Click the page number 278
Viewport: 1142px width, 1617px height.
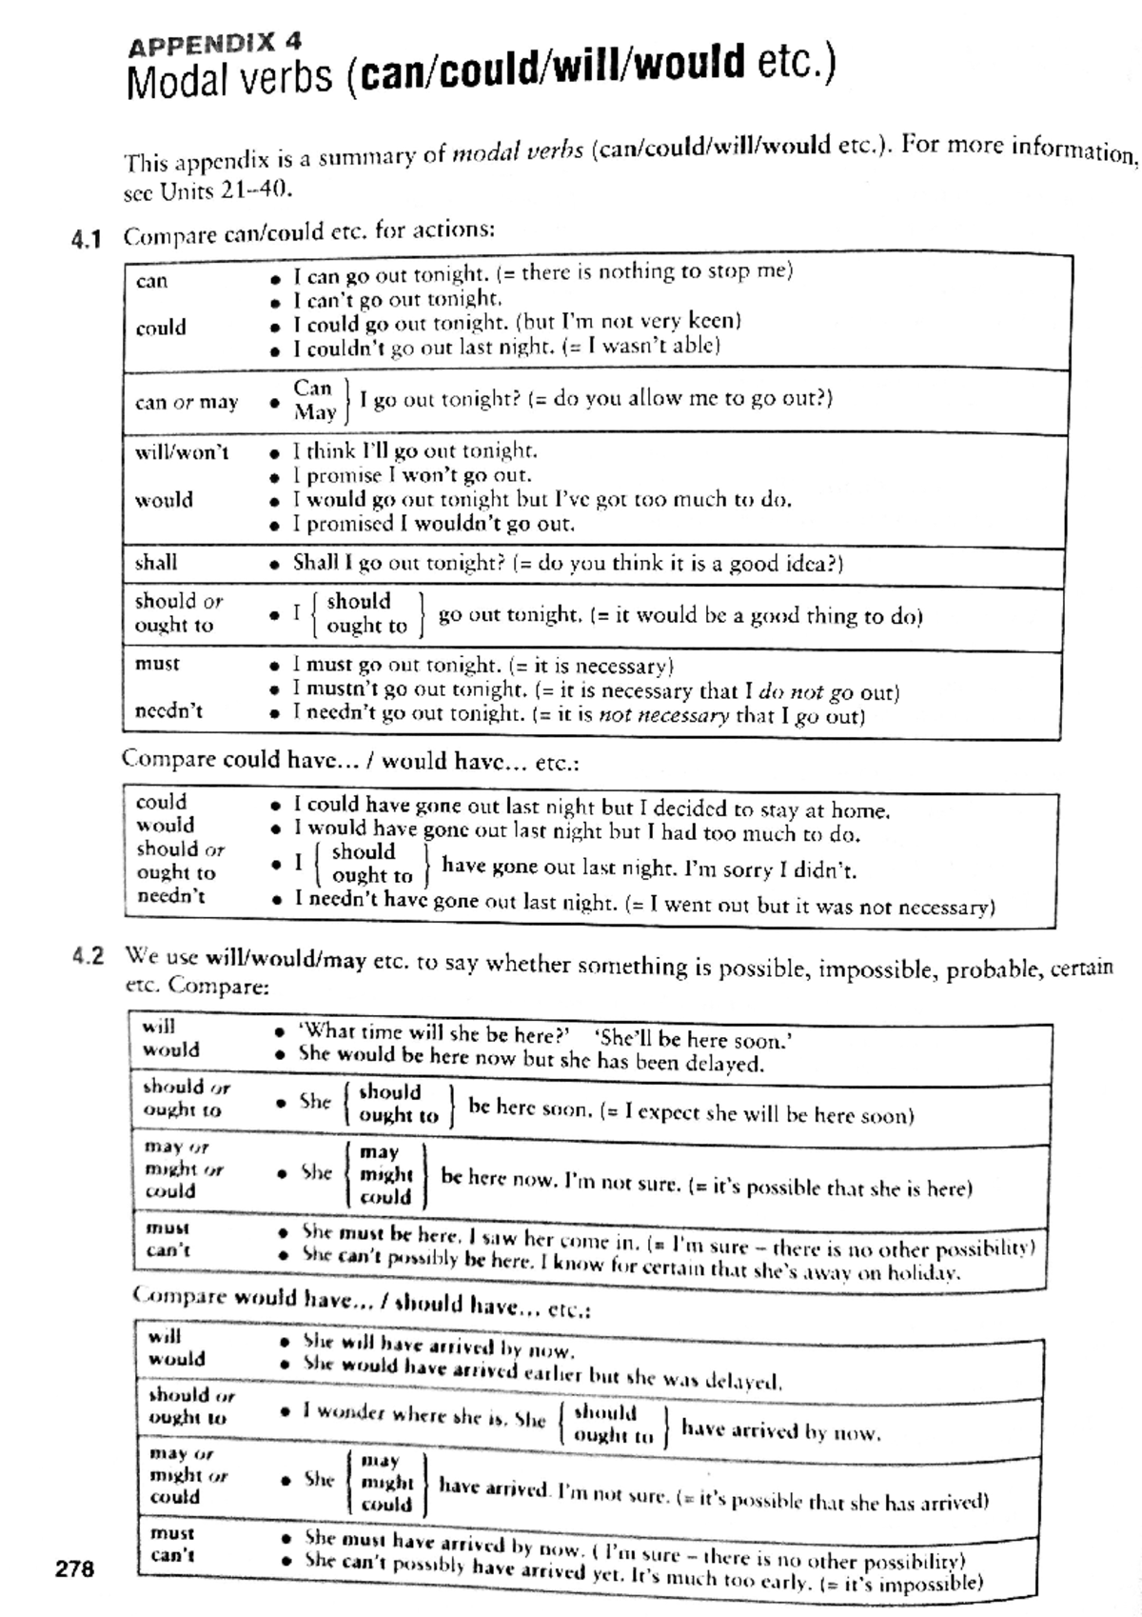pyautogui.click(x=74, y=1568)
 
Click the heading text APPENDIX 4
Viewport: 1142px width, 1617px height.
pyautogui.click(x=215, y=44)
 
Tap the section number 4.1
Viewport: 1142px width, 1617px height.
pyautogui.click(x=86, y=239)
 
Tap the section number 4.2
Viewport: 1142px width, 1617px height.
pyautogui.click(x=88, y=956)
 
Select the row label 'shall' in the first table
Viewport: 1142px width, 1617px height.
pyautogui.click(x=156, y=563)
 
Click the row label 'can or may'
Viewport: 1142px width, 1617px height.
pyautogui.click(x=187, y=402)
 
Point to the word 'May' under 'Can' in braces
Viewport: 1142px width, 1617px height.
pyautogui.click(x=315, y=412)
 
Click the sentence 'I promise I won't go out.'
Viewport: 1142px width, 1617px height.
pyautogui.click(x=412, y=475)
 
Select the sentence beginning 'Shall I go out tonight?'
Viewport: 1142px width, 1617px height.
pyautogui.click(x=568, y=563)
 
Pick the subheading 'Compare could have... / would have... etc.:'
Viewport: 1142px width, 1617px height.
pyautogui.click(x=350, y=761)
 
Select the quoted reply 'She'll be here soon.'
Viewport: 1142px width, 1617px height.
pyautogui.click(x=693, y=1039)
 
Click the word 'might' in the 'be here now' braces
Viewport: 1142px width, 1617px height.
pyautogui.click(x=386, y=1175)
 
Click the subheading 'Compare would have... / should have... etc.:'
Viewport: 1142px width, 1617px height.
pyautogui.click(x=362, y=1301)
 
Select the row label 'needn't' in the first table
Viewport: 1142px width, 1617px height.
pyautogui.click(x=168, y=711)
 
